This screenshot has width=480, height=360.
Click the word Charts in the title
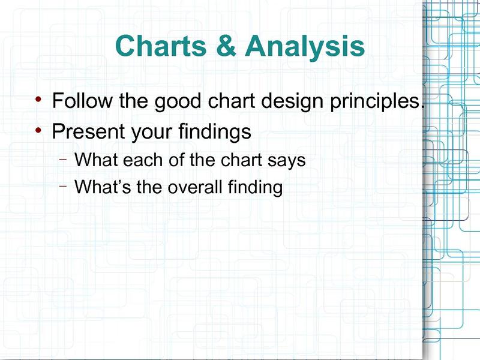[161, 46]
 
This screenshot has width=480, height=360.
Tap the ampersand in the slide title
[226, 46]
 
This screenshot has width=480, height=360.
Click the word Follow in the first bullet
[82, 100]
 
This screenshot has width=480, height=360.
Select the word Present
[88, 131]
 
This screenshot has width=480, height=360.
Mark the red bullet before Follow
[38, 99]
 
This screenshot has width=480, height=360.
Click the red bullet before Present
[38, 130]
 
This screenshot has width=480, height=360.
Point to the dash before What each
[63, 159]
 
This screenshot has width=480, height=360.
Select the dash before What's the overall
[63, 185]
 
